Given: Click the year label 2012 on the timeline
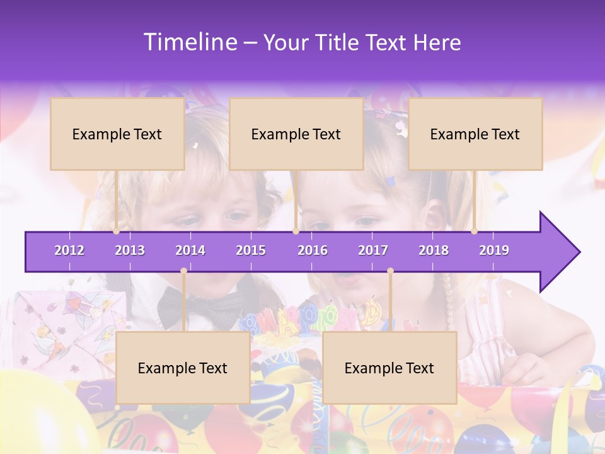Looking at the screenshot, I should pyautogui.click(x=69, y=250).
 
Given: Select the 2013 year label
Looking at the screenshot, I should pyautogui.click(x=130, y=250).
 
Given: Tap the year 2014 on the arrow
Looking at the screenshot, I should pyautogui.click(x=190, y=250).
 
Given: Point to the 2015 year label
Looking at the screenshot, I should pyautogui.click(x=251, y=250).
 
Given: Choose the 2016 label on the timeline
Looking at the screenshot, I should pyautogui.click(x=313, y=250).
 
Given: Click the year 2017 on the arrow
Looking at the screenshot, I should pyautogui.click(x=373, y=250).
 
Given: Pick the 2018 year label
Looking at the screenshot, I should pyautogui.click(x=434, y=250).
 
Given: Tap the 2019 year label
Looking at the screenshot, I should pyautogui.click(x=494, y=250).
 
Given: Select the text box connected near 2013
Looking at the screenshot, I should pyautogui.click(x=117, y=134).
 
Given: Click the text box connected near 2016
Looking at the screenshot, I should pyautogui.click(x=296, y=134).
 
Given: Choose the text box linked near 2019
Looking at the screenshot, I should pyautogui.click(x=475, y=134).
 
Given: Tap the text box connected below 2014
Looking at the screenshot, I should pyautogui.click(x=183, y=368).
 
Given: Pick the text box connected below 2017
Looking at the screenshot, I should pyautogui.click(x=389, y=368).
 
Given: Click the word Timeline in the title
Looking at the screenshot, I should pyautogui.click(x=189, y=42).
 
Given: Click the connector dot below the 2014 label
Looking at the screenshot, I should pyautogui.click(x=183, y=271).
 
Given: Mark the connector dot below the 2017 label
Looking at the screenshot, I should pyautogui.click(x=390, y=271).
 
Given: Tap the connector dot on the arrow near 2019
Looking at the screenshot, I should pyautogui.click(x=475, y=231).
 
